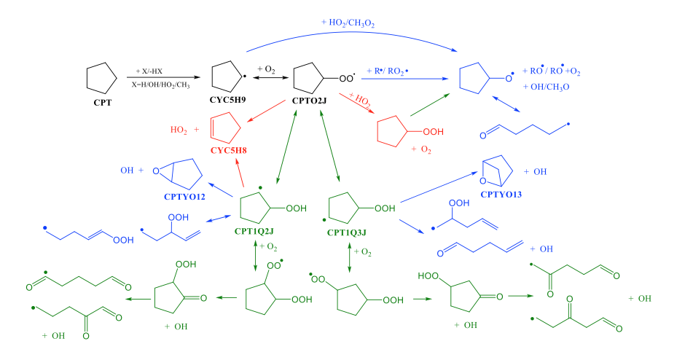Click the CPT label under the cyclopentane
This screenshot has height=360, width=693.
coord(102,103)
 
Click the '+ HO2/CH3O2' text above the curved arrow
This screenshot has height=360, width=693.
coord(349,23)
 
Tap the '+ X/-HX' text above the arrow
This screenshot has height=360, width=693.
coord(149,71)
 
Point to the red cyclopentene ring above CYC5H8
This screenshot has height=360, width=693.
coord(224,129)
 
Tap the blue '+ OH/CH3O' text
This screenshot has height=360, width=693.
coord(546,87)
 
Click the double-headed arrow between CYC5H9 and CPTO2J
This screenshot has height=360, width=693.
coord(269,77)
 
